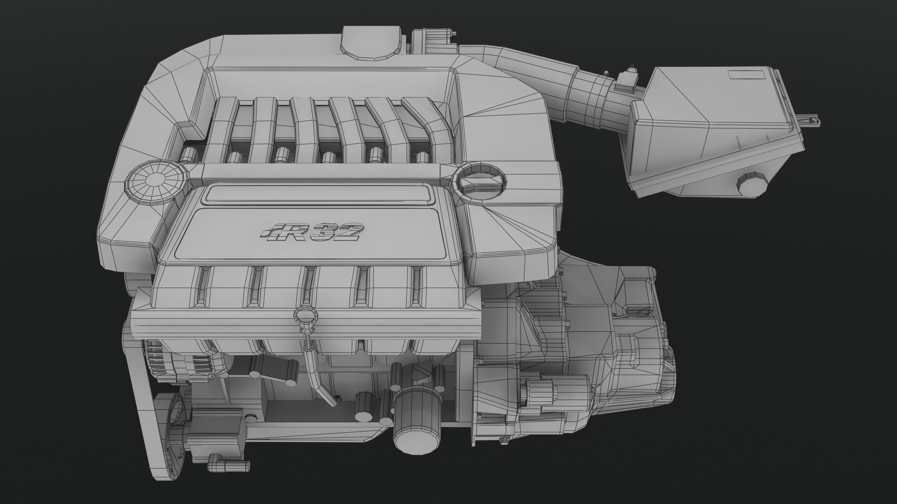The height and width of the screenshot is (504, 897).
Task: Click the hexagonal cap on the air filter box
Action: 753,185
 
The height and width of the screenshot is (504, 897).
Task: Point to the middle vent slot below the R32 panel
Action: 308,287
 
